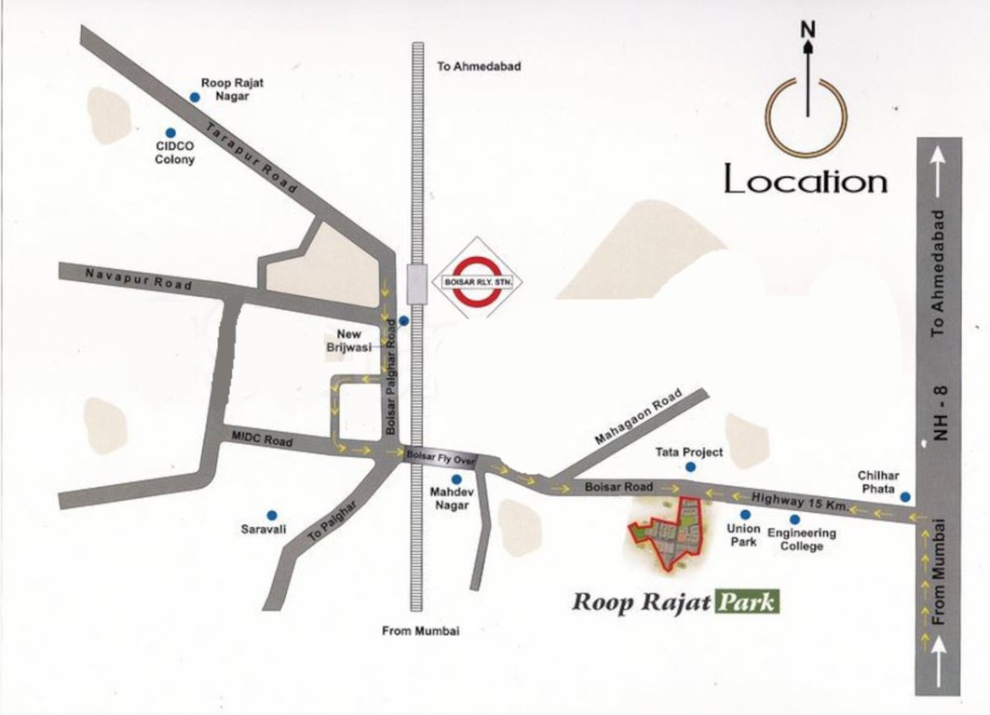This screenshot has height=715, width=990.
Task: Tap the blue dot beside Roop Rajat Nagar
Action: (x=195, y=96)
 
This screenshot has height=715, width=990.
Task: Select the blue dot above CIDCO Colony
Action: (x=170, y=131)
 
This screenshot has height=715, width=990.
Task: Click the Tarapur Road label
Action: (x=251, y=158)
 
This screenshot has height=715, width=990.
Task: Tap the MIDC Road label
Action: (x=262, y=439)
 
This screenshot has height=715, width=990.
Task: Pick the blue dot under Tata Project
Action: (x=690, y=469)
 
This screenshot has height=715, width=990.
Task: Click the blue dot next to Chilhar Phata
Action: (x=904, y=497)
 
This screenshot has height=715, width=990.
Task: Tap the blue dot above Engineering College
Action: (x=794, y=519)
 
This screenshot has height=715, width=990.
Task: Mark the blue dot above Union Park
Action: (x=744, y=515)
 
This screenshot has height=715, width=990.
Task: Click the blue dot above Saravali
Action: (x=272, y=514)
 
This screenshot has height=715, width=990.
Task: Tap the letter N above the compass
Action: (x=807, y=29)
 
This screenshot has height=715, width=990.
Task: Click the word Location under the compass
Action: (x=806, y=181)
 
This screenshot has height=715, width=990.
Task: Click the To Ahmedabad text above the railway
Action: (x=478, y=67)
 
